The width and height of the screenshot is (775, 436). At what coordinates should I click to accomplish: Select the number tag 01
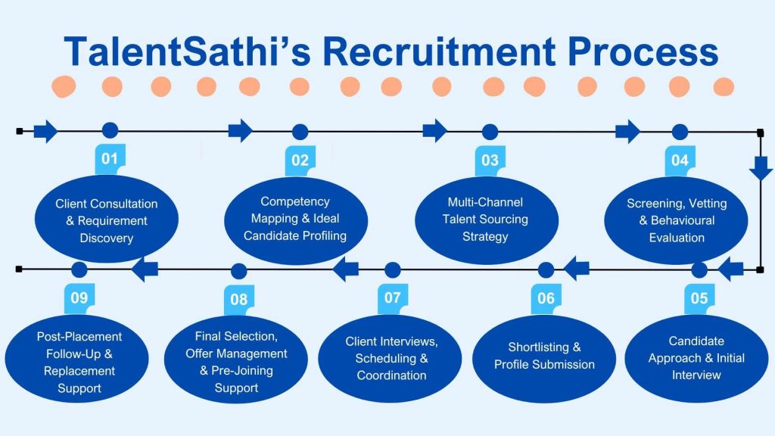pos(110,159)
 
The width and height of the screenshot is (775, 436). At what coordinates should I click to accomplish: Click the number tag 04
pos(680,160)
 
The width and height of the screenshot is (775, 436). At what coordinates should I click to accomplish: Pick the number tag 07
pos(392,297)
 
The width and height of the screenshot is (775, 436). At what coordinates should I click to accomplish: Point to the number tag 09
pos(79,297)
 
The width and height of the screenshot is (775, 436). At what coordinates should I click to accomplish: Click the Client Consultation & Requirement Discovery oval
pos(107,220)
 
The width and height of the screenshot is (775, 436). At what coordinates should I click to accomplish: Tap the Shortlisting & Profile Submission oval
pos(544,356)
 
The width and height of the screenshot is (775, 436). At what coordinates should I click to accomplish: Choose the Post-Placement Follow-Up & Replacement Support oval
pos(79,362)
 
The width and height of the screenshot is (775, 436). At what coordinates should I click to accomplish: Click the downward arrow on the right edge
pos(761,167)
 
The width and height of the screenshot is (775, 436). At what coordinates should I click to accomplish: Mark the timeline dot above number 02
pos(300,132)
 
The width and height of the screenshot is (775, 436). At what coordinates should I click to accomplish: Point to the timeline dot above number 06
pos(546,269)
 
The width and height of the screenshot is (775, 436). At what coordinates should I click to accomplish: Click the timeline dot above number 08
pos(238,270)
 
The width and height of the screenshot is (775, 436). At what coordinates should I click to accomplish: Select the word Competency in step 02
pos(295,201)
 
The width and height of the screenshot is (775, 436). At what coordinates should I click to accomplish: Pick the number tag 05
pos(699,297)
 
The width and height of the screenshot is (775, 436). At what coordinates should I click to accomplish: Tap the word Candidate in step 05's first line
pos(696,341)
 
